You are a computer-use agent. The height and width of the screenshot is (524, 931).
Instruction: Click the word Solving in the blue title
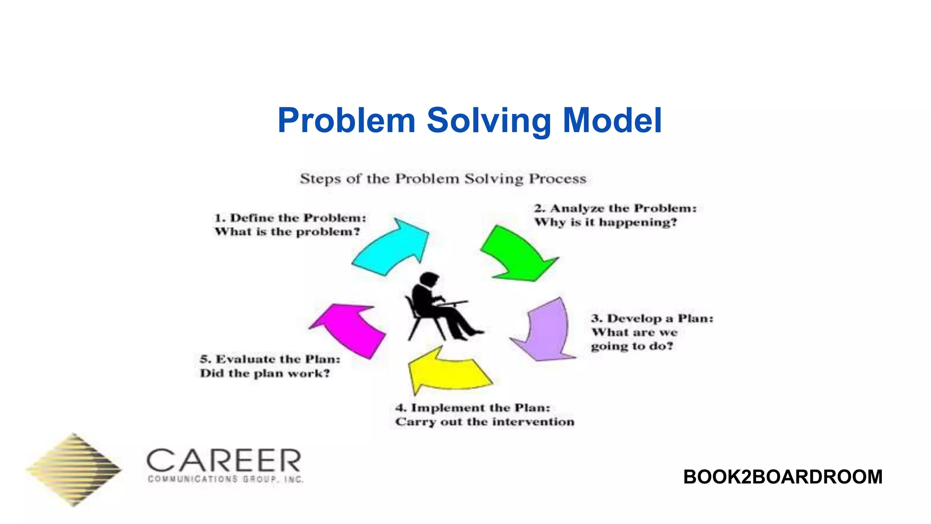click(489, 121)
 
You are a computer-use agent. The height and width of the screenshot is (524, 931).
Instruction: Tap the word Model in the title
click(612, 121)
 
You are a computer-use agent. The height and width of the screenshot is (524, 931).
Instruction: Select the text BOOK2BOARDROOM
click(782, 477)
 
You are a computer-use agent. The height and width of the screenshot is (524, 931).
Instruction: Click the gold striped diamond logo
click(74, 469)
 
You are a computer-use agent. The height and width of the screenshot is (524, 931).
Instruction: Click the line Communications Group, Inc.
click(225, 479)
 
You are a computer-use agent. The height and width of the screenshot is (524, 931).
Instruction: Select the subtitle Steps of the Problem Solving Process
click(443, 179)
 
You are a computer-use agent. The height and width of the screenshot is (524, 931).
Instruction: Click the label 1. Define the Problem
click(290, 218)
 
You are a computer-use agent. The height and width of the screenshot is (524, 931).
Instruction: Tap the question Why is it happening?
click(605, 222)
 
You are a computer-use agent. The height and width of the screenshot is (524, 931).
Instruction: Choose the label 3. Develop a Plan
click(652, 318)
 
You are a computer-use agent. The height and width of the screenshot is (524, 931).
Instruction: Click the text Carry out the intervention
click(485, 422)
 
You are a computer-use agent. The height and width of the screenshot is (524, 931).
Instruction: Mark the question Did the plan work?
click(265, 373)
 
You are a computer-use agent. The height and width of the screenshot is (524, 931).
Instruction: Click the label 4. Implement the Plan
click(473, 408)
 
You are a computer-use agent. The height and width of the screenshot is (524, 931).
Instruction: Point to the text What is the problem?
click(287, 232)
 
